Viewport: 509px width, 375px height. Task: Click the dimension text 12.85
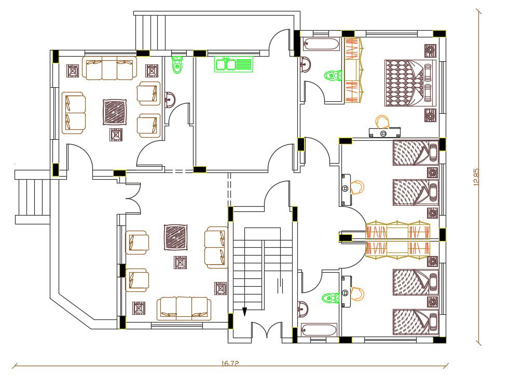coord(476,177)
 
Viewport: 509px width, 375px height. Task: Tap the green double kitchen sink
coord(233,64)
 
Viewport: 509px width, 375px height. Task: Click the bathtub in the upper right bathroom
coord(321,44)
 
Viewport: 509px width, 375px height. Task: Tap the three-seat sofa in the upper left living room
coord(109,69)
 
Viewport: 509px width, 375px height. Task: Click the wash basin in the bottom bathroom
coord(303,309)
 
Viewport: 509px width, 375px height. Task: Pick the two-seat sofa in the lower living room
coord(216,247)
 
